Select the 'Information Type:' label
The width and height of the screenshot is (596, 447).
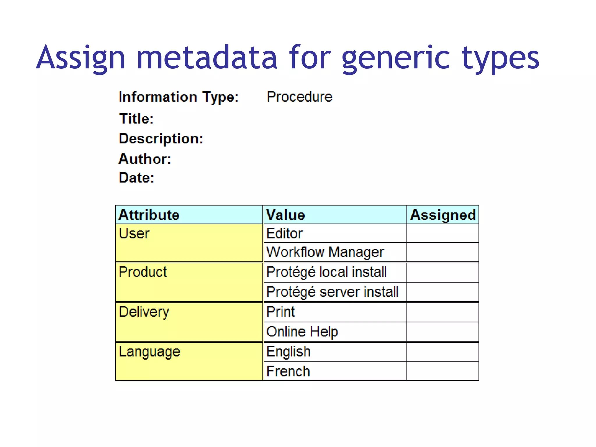[178, 97]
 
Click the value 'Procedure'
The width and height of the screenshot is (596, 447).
[299, 97]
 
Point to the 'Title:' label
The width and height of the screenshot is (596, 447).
[136, 119]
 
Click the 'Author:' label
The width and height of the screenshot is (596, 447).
[145, 159]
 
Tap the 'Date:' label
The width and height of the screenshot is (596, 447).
[136, 178]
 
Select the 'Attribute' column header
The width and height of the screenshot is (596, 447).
[149, 215]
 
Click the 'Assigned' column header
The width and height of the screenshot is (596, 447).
[443, 215]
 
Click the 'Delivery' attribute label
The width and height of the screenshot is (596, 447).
[144, 312]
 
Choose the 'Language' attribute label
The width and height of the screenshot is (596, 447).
[149, 352]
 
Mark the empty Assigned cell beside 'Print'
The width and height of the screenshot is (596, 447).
[442, 312]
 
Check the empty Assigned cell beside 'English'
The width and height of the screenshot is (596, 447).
[442, 352]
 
